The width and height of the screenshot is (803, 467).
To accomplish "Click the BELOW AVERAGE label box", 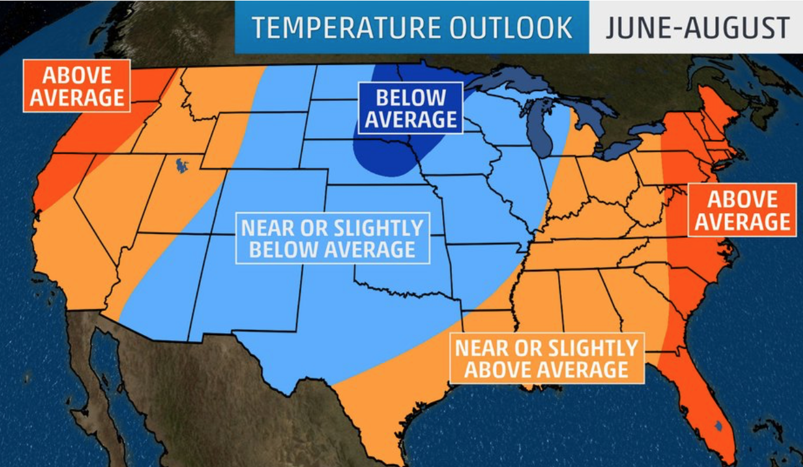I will coord(410,108).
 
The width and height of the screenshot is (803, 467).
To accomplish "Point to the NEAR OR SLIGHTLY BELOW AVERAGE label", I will coord(332,238).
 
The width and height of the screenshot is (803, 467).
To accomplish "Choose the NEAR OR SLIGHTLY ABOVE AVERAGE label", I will coord(546,359).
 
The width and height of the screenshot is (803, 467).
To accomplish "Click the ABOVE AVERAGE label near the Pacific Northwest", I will coord(77,86).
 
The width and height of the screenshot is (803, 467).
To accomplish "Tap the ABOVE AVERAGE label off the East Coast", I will coord(742,210).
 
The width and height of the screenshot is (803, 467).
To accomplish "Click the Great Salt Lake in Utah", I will coord(181,165).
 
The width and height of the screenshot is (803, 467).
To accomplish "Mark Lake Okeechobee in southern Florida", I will coord(717,426).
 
